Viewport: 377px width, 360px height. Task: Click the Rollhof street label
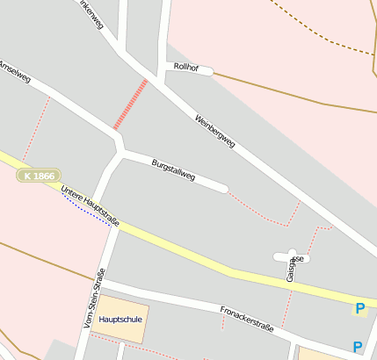coord(186,67)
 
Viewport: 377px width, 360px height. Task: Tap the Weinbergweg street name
coord(215,131)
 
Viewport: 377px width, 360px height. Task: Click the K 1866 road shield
coord(40,176)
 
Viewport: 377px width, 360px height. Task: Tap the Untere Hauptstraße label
coord(91,203)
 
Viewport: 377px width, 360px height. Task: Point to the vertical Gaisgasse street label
coord(291,269)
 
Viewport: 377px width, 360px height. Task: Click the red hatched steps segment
coord(129,104)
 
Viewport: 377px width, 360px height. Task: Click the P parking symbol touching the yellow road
coord(359,308)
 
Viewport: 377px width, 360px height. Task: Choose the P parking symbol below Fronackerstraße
coord(358,347)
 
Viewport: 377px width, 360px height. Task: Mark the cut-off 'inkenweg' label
coord(91,15)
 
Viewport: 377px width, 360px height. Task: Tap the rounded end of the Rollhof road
coord(208,71)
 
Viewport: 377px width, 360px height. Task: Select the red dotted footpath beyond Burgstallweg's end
coord(264,211)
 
